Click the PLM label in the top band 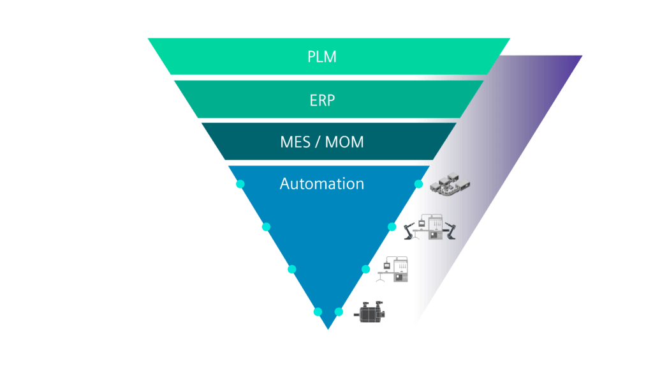pyautogui.click(x=321, y=57)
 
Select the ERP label pyautogui.click(x=321, y=100)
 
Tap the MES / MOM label pyautogui.click(x=321, y=142)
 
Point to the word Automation pyautogui.click(x=321, y=184)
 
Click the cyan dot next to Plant pyautogui.click(x=240, y=184)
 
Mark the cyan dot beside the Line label pyautogui.click(x=266, y=227)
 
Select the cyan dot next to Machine pyautogui.click(x=292, y=270)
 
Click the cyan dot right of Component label pyautogui.click(x=318, y=312)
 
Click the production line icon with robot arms pyautogui.click(x=430, y=227)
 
